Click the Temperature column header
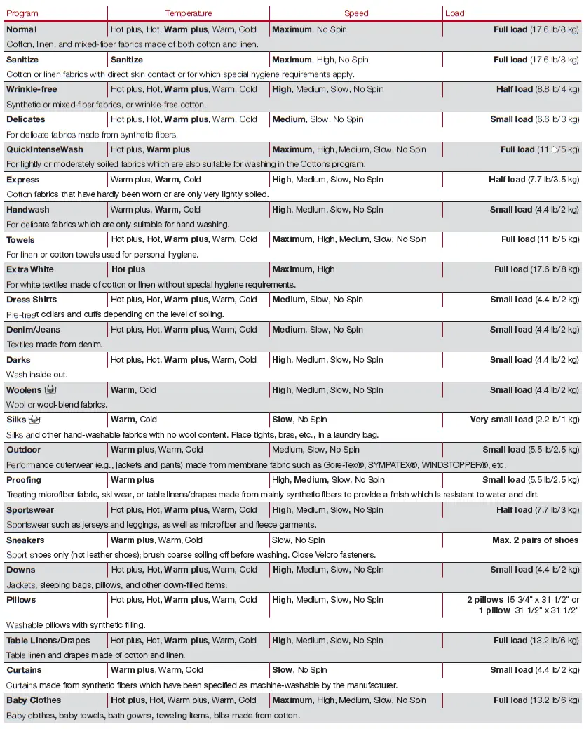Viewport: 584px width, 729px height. point(188,13)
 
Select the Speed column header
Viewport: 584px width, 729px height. point(356,13)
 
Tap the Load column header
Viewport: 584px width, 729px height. point(454,13)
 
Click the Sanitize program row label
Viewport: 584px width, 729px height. point(22,60)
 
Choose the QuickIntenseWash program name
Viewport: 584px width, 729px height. point(44,149)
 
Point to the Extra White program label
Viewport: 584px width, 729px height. point(30,269)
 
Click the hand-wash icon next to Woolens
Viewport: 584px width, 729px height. point(50,389)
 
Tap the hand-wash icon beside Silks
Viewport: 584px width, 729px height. point(34,420)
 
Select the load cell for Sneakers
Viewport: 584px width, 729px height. point(535,540)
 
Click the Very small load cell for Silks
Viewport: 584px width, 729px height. point(524,420)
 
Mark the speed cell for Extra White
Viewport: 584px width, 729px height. point(304,269)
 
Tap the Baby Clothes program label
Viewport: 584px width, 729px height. point(34,700)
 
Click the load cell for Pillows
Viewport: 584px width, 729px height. point(523,605)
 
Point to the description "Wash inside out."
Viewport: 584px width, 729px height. point(37,375)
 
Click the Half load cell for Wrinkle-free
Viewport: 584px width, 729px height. point(537,89)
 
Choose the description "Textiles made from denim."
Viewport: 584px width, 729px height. point(55,345)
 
